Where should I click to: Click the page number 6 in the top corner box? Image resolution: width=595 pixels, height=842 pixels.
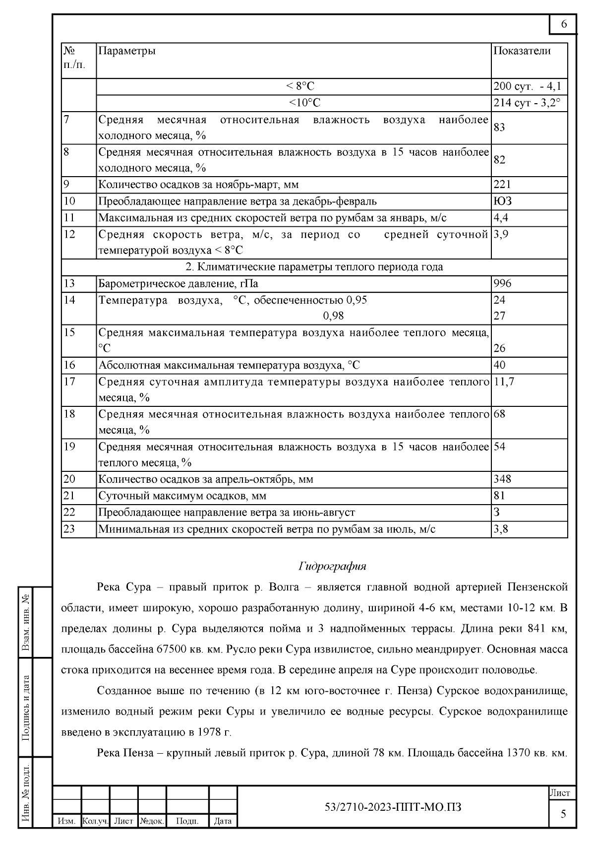click(564, 24)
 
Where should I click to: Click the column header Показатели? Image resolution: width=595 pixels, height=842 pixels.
click(522, 51)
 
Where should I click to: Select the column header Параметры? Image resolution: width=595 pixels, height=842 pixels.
click(127, 51)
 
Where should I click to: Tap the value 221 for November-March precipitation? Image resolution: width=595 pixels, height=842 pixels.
click(502, 185)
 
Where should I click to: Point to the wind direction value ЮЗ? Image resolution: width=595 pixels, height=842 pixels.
click(502, 201)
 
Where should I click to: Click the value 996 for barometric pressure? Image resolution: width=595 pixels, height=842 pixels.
click(502, 283)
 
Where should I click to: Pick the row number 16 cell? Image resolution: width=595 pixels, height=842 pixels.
click(69, 365)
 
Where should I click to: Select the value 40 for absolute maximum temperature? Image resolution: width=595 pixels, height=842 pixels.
click(499, 365)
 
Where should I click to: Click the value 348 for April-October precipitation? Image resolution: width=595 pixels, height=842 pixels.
click(502, 479)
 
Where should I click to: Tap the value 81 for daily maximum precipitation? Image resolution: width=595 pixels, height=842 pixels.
click(499, 496)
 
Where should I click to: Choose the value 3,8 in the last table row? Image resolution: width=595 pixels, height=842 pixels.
click(501, 529)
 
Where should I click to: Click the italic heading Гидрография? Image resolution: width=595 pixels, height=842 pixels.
click(332, 566)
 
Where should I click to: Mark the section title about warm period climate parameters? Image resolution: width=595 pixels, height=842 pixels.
click(314, 267)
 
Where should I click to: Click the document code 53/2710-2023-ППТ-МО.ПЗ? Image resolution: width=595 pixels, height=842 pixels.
click(393, 807)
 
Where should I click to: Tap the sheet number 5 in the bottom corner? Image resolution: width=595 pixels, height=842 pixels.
click(563, 814)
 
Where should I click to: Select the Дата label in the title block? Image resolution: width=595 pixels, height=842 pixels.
click(223, 821)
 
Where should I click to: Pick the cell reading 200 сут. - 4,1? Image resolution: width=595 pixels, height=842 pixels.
click(528, 86)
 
